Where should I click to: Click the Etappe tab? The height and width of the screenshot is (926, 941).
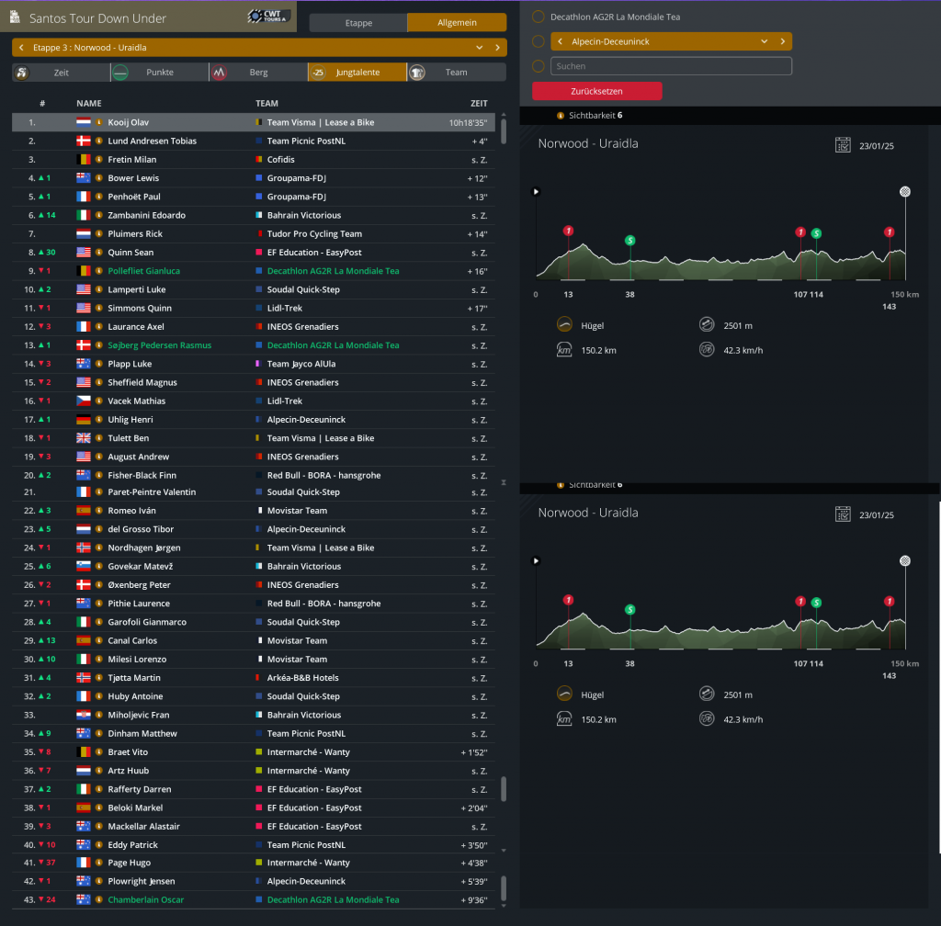[x=357, y=23]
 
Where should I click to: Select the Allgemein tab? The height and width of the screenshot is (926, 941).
[x=457, y=23]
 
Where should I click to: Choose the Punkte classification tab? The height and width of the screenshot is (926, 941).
[x=160, y=73]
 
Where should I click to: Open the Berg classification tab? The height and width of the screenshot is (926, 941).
[x=258, y=73]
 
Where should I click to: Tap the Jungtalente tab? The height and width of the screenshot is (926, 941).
[x=357, y=73]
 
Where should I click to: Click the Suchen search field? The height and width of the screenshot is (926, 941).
[x=671, y=66]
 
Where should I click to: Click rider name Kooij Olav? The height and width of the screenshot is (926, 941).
[x=129, y=122]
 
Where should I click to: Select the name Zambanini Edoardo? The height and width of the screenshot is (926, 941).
[x=147, y=215]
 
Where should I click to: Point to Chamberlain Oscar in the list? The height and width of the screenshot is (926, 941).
[x=146, y=900]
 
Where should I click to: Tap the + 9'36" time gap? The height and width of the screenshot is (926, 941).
[x=473, y=900]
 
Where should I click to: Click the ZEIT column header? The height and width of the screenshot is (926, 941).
[x=479, y=104]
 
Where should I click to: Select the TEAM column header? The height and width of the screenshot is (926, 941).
[x=266, y=104]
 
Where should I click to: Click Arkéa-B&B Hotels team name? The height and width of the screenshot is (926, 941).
[x=303, y=678]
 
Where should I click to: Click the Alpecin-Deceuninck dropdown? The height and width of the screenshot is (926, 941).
[x=671, y=41]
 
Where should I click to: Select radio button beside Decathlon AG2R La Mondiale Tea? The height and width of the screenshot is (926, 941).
[x=538, y=17]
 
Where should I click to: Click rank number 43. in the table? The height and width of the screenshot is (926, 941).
[x=31, y=900]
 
